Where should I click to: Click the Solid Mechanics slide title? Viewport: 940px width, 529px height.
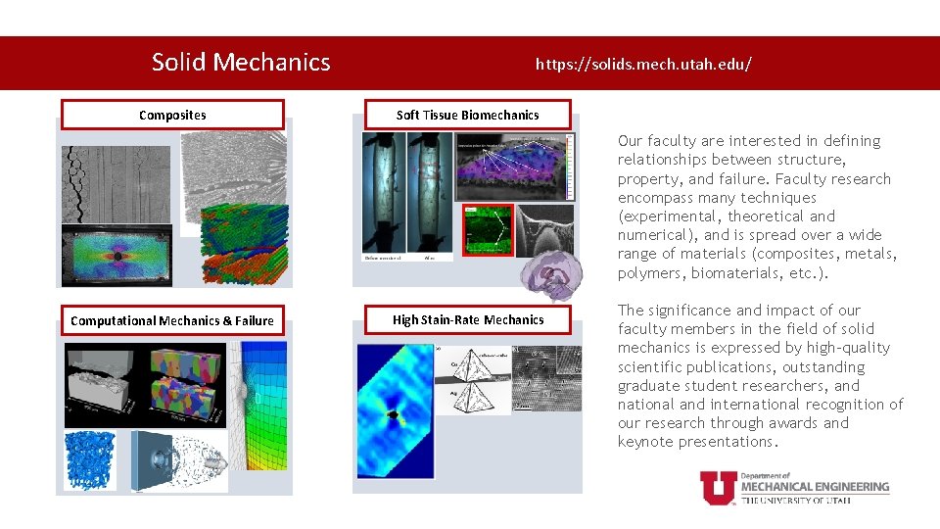241,63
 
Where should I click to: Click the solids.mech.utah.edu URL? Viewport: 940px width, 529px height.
643,65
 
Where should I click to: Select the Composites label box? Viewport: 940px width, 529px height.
172,115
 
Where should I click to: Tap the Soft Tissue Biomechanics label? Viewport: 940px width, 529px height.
467,115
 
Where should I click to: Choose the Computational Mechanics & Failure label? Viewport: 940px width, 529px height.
172,320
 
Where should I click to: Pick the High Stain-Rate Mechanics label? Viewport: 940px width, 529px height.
467,319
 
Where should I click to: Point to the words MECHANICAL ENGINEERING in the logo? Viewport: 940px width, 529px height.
815,486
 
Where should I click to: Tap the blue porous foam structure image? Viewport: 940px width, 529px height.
90,459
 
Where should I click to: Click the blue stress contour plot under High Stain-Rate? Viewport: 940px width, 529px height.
396,412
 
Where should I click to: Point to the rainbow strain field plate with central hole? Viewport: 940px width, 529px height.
117,255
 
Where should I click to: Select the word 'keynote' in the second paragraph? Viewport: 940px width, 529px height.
648,442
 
